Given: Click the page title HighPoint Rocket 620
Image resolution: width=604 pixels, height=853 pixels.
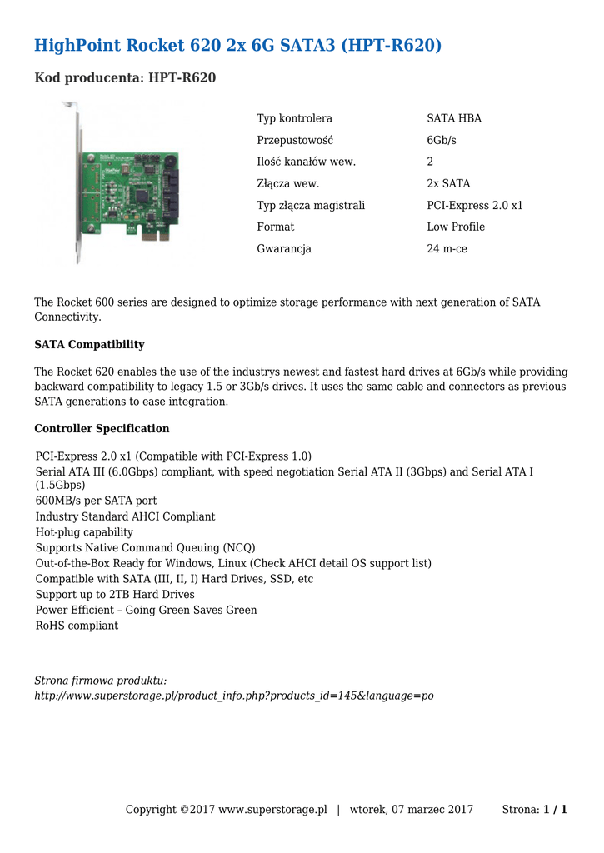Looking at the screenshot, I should point(237,45).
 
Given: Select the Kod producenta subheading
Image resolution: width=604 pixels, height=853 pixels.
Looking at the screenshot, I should point(125,78).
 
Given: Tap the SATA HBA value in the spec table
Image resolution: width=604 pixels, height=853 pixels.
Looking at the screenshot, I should point(454,118).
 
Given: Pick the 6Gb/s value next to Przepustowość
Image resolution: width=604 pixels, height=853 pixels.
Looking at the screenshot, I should point(442,140).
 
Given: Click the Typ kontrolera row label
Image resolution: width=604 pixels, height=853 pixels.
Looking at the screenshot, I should point(294,118).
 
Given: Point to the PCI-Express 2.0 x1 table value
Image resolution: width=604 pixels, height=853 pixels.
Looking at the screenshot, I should point(475,205).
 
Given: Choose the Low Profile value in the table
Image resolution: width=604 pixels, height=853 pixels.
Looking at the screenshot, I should point(456,227).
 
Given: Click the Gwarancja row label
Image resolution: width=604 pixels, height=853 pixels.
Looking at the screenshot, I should point(284,248).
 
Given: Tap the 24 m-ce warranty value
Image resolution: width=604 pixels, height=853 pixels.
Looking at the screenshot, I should point(447,248).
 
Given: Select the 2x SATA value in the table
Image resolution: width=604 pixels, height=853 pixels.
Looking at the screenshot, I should point(448,183).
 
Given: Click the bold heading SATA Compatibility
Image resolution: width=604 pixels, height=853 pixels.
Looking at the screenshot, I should point(89,345).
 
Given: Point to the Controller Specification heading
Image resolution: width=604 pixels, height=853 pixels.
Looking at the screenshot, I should point(102,429).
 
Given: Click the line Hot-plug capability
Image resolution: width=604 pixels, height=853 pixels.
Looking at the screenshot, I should point(84,532).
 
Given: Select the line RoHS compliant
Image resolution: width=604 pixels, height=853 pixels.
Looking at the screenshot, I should point(77,626).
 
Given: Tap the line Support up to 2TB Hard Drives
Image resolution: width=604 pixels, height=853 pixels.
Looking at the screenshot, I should point(115,595).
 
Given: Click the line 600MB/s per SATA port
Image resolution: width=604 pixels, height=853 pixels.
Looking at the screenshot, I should point(96,501).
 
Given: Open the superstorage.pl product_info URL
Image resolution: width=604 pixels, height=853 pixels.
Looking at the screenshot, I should point(233,696).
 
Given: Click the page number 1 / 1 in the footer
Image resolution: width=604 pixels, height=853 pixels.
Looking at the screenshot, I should point(555,810).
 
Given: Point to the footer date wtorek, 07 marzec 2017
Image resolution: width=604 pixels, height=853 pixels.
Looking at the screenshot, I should point(412,810).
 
